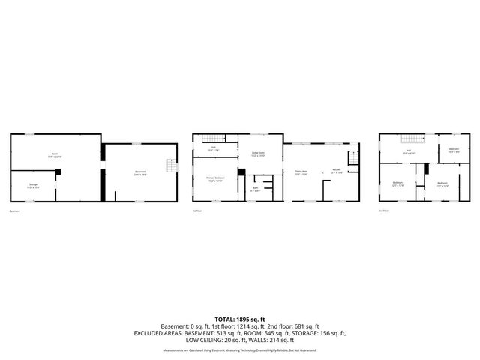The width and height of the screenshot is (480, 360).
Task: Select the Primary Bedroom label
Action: point(215,179)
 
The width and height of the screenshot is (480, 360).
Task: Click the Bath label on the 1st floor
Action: point(255,189)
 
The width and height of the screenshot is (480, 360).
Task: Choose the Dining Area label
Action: point(301,172)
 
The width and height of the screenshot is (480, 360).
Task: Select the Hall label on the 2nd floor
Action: point(409,152)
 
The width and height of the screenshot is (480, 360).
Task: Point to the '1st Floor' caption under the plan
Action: point(197,211)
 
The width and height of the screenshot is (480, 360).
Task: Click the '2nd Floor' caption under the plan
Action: point(384,211)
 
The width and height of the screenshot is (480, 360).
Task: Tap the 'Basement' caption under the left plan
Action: point(14,211)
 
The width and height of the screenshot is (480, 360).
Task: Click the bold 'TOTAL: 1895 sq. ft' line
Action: point(240,319)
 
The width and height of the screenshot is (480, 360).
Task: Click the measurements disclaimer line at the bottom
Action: point(240,350)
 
